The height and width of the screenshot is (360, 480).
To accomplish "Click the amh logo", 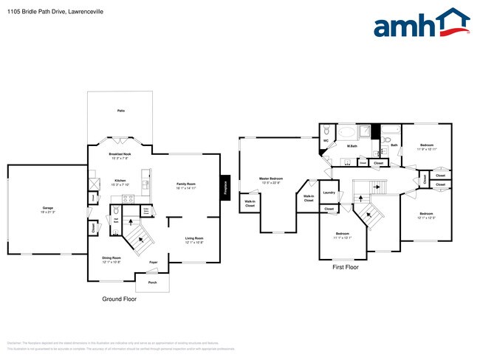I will (421, 24).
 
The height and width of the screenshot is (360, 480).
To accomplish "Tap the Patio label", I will (120, 111).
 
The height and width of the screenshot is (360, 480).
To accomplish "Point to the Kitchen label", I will (120, 180).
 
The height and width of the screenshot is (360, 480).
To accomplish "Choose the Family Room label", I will (185, 183).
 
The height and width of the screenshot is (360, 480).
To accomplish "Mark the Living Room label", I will (194, 238).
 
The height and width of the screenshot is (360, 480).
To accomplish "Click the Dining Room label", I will (112, 257).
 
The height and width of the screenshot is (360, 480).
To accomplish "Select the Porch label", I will (153, 283).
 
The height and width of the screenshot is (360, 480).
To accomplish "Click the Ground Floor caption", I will (119, 300).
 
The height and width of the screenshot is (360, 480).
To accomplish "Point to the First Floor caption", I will (345, 267).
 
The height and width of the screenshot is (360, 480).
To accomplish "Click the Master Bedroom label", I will (271, 179).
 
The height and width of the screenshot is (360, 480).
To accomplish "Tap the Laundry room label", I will (329, 193).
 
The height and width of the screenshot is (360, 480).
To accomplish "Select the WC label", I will (326, 140).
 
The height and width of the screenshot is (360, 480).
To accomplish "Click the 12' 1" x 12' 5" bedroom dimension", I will (427, 218).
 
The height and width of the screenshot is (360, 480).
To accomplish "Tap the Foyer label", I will (154, 262).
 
